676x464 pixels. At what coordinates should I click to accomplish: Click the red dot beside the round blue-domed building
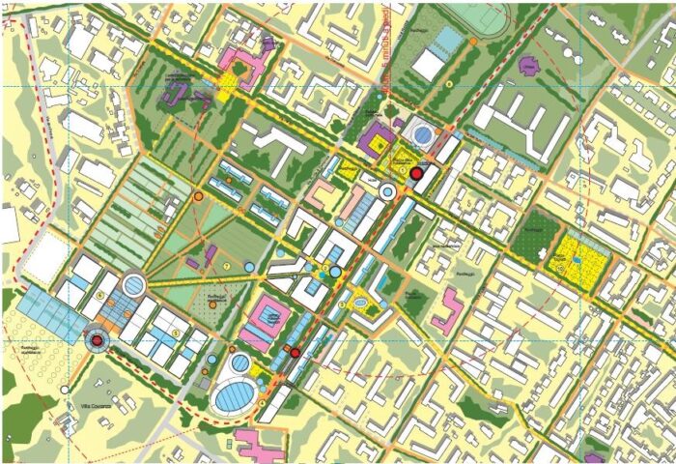416,173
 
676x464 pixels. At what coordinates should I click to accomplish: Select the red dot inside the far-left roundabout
97,339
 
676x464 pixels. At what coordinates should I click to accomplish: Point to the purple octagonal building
527,66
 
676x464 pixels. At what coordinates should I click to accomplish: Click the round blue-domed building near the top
423,132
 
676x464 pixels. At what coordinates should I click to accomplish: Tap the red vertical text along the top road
386,53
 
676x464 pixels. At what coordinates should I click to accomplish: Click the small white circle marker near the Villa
66,390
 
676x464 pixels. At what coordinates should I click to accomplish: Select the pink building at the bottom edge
258,448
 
